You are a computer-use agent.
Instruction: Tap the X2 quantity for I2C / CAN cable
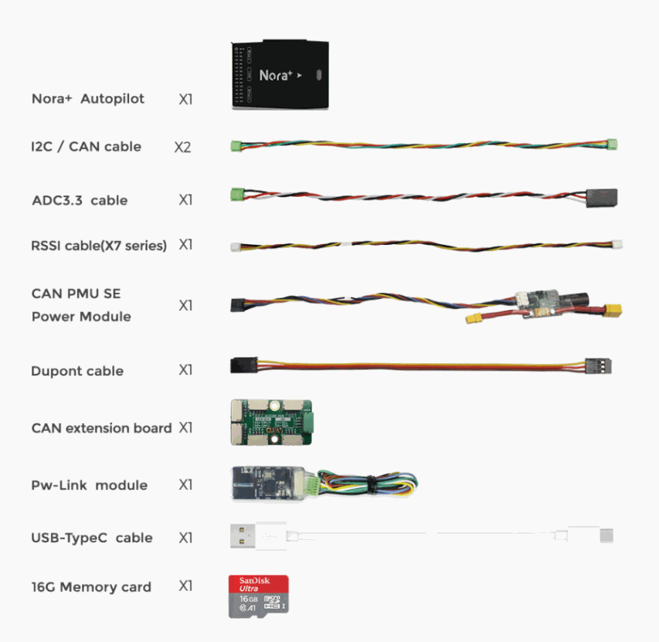[183, 147]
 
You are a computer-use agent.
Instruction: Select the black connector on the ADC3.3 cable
[602, 198]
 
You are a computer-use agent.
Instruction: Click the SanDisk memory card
[259, 596]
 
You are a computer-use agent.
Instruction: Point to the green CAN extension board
[271, 423]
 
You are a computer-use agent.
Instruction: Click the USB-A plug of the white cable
[243, 536]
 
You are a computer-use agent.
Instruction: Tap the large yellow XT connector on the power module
[613, 310]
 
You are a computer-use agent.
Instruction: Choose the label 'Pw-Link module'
[90, 485]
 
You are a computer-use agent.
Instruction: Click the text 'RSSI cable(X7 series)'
[99, 246]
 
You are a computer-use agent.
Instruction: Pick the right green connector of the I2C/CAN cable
[612, 144]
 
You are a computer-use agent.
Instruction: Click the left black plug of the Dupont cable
[244, 365]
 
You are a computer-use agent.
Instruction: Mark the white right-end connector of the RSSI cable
[617, 245]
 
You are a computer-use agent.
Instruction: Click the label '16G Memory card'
[91, 587]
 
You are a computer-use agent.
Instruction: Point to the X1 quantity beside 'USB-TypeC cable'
[185, 538]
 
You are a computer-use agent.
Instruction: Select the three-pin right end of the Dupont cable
[599, 366]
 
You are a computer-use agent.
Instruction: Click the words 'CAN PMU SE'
[76, 294]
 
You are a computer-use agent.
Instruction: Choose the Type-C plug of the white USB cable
[606, 535]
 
